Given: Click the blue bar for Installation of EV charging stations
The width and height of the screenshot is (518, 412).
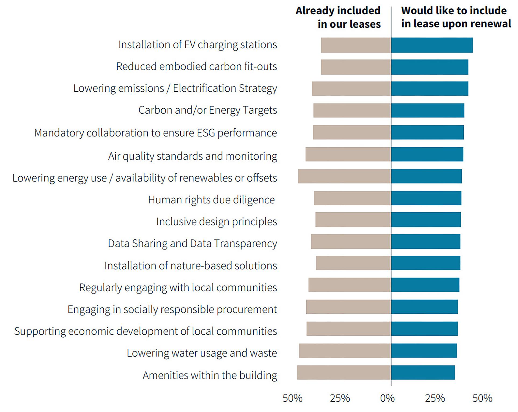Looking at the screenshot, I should click(432, 45).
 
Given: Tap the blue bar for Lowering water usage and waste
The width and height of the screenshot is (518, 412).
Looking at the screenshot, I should click(424, 351).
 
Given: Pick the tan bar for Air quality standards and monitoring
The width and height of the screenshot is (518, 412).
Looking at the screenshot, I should click(348, 154).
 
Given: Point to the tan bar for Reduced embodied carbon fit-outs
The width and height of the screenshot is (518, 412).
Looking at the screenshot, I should click(356, 67).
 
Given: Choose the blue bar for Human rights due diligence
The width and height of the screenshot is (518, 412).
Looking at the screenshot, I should click(426, 198).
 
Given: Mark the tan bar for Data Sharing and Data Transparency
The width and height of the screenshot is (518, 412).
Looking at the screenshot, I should click(351, 241).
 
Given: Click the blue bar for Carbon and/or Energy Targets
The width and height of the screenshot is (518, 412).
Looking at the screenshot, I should click(428, 110).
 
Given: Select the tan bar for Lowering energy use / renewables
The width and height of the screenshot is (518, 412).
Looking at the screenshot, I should click(344, 176).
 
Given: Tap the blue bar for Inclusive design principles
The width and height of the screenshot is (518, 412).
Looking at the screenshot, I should click(426, 220).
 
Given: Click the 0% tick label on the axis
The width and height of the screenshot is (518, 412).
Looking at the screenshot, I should click(387, 398).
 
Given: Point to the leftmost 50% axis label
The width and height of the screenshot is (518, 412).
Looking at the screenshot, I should click(292, 398).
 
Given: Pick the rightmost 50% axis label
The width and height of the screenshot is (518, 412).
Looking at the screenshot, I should click(482, 398).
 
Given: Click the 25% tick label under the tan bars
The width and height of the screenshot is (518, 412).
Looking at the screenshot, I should click(340, 398).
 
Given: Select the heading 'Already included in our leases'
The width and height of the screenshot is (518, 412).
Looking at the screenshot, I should click(338, 17).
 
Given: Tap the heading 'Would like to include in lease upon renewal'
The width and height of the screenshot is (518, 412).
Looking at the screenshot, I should click(456, 17).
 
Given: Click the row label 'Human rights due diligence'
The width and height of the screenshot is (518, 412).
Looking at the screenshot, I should click(211, 200).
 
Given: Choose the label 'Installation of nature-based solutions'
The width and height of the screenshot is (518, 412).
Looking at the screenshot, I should click(191, 266).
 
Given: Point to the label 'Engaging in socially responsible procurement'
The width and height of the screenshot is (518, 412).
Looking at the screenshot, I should click(172, 309).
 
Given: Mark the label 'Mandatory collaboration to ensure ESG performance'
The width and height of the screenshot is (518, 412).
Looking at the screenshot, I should click(155, 133).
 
